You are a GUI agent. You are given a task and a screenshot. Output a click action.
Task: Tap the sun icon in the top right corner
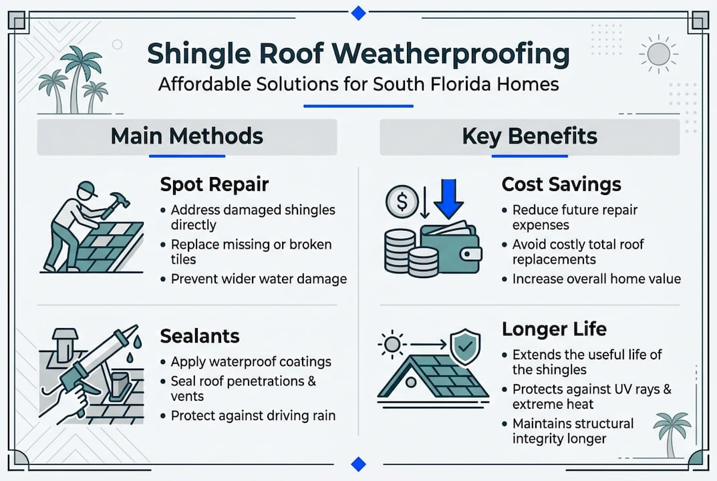[658, 54]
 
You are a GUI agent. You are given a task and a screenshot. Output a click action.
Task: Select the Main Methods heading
[187, 136]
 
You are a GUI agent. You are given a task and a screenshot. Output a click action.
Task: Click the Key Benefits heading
[529, 136]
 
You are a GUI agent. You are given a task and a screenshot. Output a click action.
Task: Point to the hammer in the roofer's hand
[116, 204]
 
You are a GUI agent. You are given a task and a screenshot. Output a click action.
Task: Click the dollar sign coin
[402, 201]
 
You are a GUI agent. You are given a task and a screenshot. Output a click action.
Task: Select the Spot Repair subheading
[214, 185]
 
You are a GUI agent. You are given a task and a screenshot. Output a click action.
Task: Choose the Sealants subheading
[200, 336]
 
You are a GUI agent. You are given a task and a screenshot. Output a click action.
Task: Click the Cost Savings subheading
[561, 184]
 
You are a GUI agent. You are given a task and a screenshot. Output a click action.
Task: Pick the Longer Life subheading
[554, 329]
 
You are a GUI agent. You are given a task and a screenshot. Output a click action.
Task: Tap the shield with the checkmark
[465, 347]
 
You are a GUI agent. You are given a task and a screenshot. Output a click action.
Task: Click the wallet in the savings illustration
[450, 247]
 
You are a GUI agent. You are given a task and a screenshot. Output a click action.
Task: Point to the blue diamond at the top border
[358, 13]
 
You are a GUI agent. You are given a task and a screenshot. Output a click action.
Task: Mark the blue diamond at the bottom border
[358, 464]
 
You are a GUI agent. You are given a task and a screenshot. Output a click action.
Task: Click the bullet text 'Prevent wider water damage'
[259, 279]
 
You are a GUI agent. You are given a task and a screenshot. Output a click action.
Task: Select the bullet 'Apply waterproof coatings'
[251, 361]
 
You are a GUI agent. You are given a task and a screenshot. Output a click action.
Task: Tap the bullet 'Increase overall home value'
[597, 279]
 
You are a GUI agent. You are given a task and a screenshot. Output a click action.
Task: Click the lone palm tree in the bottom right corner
[672, 434]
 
